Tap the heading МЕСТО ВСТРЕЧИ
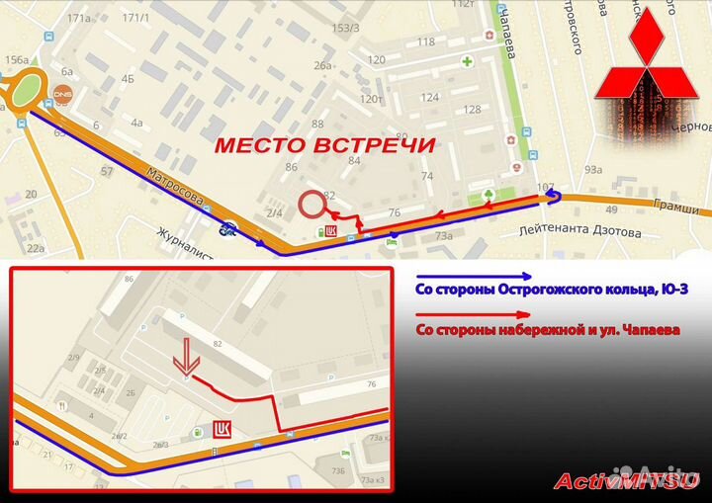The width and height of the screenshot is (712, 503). pyautogui.click(x=325, y=145)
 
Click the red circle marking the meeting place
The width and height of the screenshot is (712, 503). pyautogui.click(x=313, y=205)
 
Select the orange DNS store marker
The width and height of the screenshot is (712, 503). pyautogui.click(x=62, y=95)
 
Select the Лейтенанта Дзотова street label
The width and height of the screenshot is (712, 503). pyautogui.click(x=578, y=233)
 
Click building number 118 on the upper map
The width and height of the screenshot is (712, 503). pyautogui.click(x=426, y=42)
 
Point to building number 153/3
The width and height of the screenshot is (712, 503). pyautogui.click(x=345, y=28)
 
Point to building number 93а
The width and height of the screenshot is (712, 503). pyautogui.click(x=593, y=170)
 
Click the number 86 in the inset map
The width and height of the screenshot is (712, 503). pyautogui.click(x=129, y=281)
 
